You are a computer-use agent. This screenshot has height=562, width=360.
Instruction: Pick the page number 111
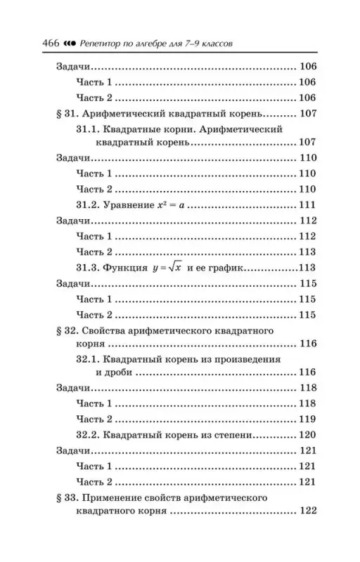pos(307,205)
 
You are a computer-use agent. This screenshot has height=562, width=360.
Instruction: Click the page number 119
pos(307,419)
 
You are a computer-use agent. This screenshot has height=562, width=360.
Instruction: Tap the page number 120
pos(307,435)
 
